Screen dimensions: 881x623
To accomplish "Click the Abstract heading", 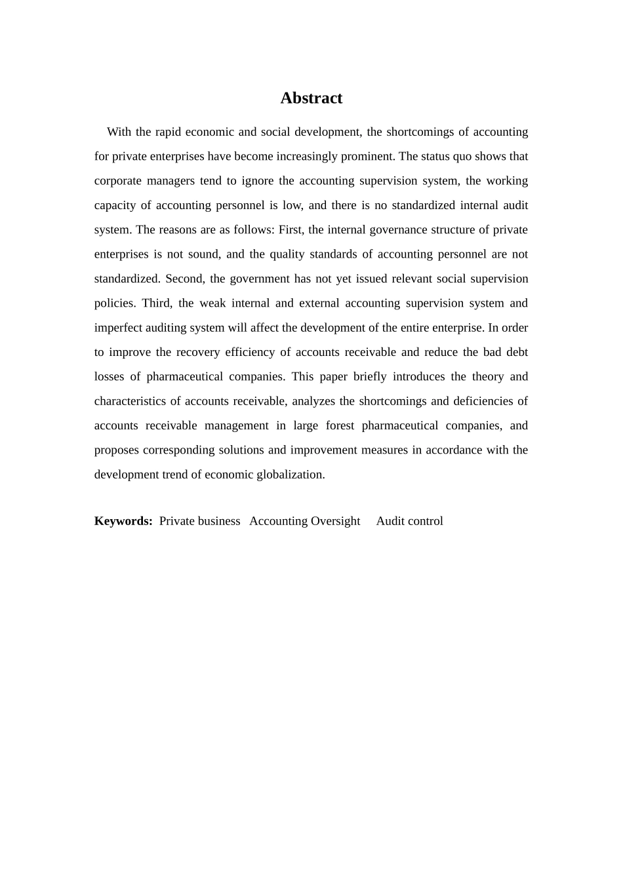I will (311, 98).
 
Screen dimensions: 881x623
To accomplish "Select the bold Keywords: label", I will (123, 521).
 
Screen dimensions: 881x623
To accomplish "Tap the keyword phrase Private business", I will (199, 521).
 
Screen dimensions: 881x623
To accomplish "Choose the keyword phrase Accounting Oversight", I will (304, 521).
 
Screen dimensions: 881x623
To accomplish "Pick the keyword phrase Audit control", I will (409, 521).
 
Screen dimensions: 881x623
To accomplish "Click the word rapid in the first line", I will (168, 132).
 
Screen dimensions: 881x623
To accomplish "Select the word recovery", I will (197, 352).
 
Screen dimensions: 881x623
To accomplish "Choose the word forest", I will (340, 425).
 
